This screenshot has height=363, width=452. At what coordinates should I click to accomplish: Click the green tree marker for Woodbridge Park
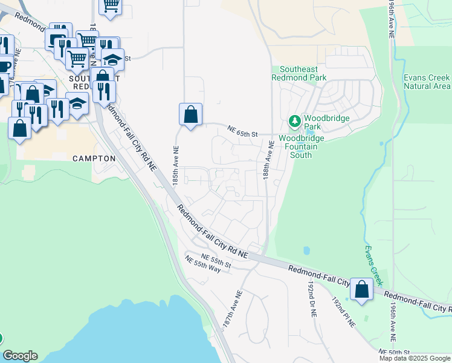(x=295, y=122)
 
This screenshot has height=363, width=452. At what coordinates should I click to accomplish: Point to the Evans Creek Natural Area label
(x=427, y=82)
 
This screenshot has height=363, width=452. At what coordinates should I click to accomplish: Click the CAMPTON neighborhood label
(x=94, y=159)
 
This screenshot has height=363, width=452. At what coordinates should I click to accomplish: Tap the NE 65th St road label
(x=243, y=131)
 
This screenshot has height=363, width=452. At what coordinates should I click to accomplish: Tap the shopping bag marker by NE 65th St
(x=190, y=114)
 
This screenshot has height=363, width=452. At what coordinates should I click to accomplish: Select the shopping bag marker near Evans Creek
(x=361, y=290)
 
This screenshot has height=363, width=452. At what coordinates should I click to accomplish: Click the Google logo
(x=20, y=356)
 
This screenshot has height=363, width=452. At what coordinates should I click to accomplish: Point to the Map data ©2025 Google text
(x=415, y=358)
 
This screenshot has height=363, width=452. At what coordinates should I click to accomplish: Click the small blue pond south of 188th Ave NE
(x=306, y=250)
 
